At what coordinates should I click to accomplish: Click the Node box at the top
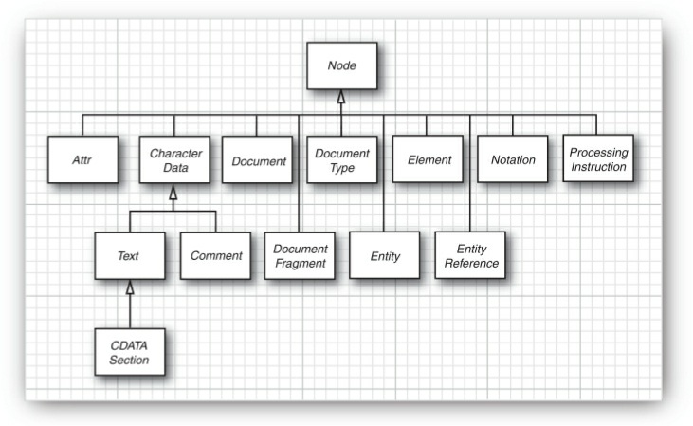tap(340, 65)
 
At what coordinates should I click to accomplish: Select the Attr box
tap(82, 160)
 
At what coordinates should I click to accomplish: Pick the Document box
tap(258, 160)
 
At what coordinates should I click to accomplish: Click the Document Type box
tap(341, 160)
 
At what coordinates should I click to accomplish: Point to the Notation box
tap(512, 160)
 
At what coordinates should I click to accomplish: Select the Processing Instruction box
tap(597, 159)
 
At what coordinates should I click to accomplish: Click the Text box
tap(129, 255)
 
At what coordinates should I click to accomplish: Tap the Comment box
tap(215, 255)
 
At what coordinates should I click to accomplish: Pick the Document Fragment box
tap(300, 255)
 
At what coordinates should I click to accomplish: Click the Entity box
tap(384, 255)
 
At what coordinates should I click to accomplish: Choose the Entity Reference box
tap(470, 255)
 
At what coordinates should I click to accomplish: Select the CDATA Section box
tap(129, 350)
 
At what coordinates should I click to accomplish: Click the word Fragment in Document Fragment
tap(300, 263)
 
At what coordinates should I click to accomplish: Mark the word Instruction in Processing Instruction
tap(597, 167)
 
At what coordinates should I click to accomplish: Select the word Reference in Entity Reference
tap(470, 263)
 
